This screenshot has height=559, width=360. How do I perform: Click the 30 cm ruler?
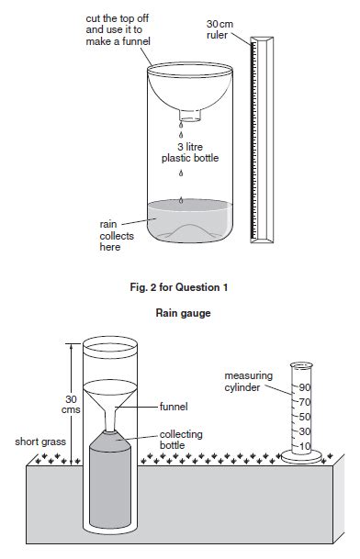262,140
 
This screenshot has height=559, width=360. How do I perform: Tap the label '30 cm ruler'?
219,29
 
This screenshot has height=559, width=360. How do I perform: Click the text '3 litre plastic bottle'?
190,152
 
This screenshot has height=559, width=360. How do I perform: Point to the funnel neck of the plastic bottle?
190,115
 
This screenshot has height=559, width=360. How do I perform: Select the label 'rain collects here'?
117,236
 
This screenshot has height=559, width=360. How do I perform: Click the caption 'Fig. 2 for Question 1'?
179,287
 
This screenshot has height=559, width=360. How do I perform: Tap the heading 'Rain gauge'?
183,313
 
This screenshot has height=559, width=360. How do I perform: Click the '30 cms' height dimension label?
71,404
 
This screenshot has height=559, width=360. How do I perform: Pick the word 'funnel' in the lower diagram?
174,407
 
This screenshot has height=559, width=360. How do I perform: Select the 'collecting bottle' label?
181,440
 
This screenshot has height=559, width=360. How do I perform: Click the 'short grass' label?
40,442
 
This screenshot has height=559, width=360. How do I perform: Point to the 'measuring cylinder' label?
248,382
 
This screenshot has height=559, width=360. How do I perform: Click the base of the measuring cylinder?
301,457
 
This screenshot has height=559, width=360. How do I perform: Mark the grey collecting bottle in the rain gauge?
110,480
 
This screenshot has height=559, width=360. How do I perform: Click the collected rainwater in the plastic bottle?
190,221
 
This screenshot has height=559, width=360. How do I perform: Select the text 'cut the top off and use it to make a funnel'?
118,30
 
